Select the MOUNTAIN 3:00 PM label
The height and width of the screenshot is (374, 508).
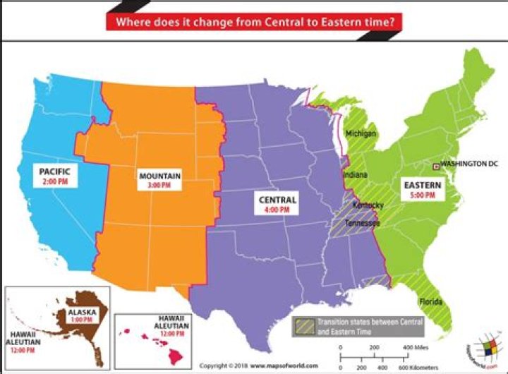tap(159, 179)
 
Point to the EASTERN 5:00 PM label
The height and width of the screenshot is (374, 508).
tap(421, 190)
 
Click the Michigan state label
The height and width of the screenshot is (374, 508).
tap(361, 133)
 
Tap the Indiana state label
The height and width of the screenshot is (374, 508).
tap(354, 174)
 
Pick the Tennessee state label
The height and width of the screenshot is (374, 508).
tap(363, 223)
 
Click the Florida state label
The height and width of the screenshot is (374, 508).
tap(430, 302)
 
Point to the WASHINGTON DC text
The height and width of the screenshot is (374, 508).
tap(469, 164)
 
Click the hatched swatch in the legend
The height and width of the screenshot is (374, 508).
tap(304, 326)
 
